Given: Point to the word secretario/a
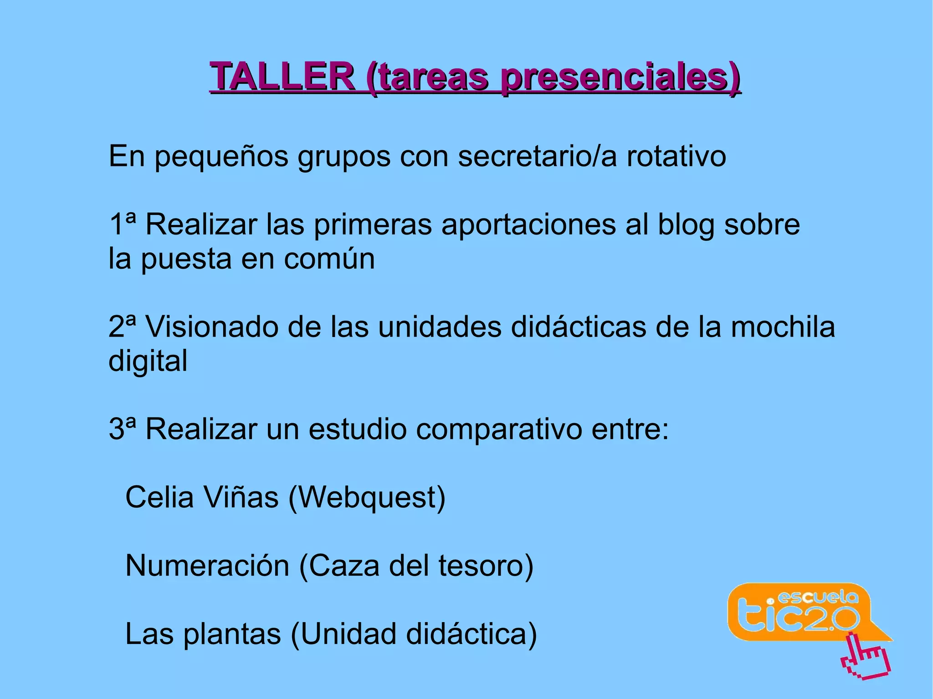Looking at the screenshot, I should tap(538, 156).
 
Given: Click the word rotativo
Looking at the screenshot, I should tap(676, 156).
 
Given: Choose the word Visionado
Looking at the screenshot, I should tap(211, 327).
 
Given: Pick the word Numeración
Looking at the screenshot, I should tap(207, 566).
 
